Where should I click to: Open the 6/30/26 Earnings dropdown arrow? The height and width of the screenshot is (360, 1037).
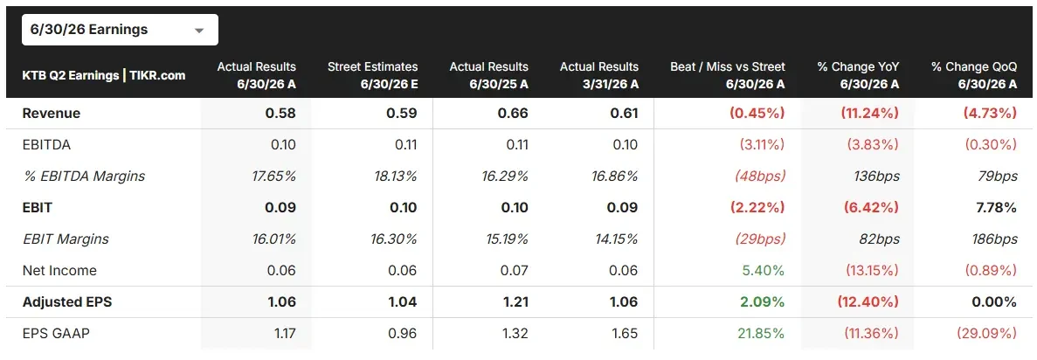click(x=198, y=31)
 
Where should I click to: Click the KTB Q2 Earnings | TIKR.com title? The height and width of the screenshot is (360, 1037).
click(x=104, y=75)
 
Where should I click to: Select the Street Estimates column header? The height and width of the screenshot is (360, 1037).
click(x=372, y=75)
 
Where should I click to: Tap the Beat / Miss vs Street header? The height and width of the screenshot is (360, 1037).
click(x=728, y=75)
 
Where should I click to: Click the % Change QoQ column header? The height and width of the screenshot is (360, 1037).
click(x=973, y=75)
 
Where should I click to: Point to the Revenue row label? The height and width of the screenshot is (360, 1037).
click(x=51, y=114)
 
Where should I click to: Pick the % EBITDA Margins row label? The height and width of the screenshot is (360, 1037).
click(x=83, y=176)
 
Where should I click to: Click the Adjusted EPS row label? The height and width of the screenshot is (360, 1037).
click(x=66, y=302)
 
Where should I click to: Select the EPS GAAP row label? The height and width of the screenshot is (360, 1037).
click(x=56, y=334)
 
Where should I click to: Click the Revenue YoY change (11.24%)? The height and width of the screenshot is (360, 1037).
click(x=869, y=114)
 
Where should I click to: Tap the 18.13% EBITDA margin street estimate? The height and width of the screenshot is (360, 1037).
click(x=394, y=176)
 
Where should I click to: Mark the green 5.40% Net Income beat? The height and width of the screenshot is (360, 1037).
click(x=766, y=271)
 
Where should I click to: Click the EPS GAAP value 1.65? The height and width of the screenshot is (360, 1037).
click(x=625, y=334)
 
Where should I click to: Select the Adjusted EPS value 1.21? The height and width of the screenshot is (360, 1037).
click(x=515, y=302)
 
